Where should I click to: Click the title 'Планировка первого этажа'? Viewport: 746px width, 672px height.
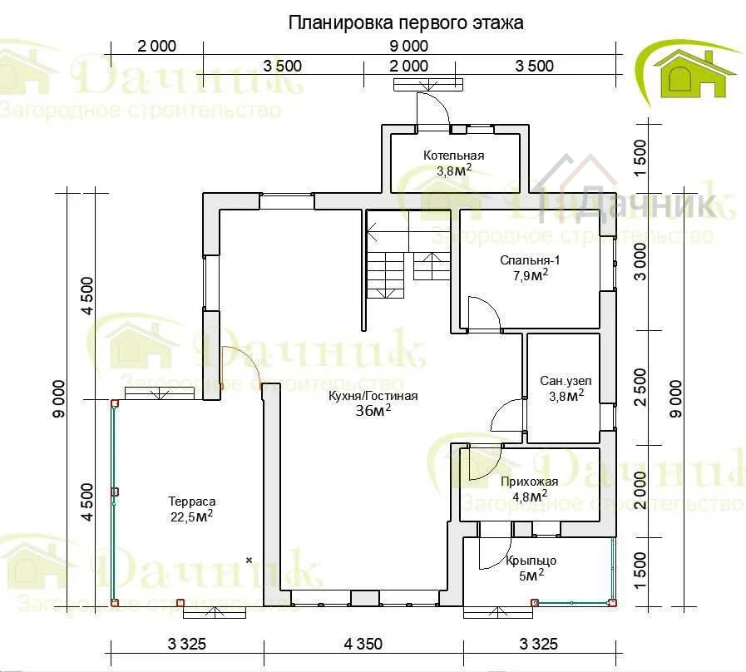click(x=406, y=22)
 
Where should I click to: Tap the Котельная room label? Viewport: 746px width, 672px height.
click(x=454, y=156)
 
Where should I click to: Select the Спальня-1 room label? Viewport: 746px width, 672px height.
click(x=530, y=260)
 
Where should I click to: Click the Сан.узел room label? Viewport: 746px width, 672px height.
click(x=566, y=381)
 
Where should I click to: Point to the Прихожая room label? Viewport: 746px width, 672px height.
click(x=529, y=482)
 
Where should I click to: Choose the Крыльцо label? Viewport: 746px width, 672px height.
click(x=531, y=561)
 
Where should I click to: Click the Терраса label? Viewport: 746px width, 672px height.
click(x=192, y=502)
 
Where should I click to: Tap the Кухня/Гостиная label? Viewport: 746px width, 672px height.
click(x=373, y=396)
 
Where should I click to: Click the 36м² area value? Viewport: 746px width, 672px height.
click(x=373, y=410)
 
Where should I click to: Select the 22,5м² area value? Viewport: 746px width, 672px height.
click(x=192, y=516)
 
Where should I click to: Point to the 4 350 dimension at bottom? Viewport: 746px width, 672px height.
click(x=363, y=644)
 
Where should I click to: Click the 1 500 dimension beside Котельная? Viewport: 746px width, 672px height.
click(x=641, y=157)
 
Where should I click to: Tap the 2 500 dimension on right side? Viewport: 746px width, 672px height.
click(x=641, y=387)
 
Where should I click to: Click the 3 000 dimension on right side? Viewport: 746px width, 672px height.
click(x=641, y=261)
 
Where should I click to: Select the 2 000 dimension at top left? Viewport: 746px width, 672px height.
click(x=157, y=47)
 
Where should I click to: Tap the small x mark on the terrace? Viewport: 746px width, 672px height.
click(x=249, y=561)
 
